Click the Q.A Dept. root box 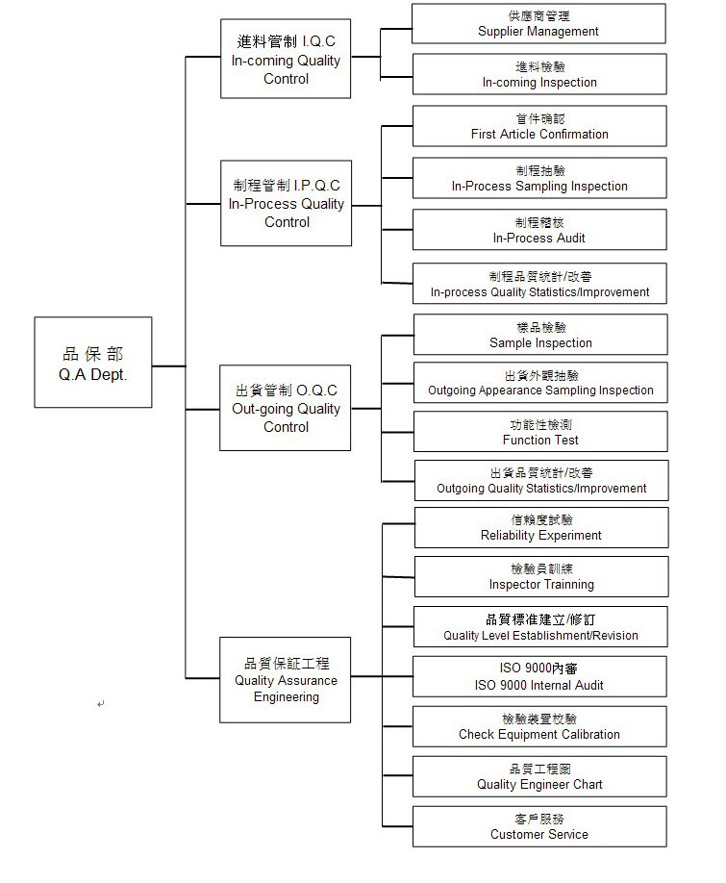[93, 362]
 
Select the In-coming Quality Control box [286, 59]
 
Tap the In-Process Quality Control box [286, 203]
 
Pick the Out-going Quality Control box [285, 408]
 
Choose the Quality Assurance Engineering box [285, 680]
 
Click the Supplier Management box [538, 24]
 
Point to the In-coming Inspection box [539, 74]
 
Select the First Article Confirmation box [539, 126]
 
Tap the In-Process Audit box [539, 230]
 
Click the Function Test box [540, 431]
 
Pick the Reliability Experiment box [541, 528]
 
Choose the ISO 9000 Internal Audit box [539, 676]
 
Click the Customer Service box [539, 826]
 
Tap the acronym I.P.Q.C [317, 186]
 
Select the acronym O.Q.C [316, 391]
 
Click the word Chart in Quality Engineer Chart [588, 785]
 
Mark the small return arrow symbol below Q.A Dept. [100, 704]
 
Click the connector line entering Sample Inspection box [397, 336]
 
